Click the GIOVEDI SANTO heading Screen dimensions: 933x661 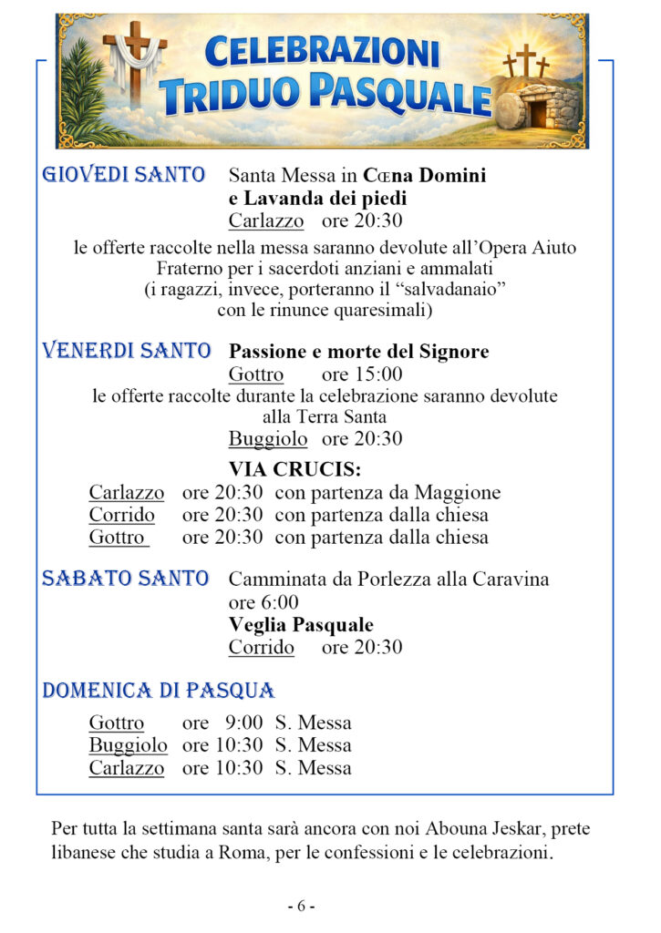click(x=123, y=174)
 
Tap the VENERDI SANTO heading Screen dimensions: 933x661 click(x=127, y=351)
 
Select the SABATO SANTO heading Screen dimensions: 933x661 click(x=125, y=579)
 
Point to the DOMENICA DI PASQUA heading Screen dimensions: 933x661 click(x=158, y=691)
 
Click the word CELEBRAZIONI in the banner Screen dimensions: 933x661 click(x=322, y=53)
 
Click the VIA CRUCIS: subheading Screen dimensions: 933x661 click(x=294, y=470)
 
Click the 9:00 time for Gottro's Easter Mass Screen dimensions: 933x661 click(x=243, y=723)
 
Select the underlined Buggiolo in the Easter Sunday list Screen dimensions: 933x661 click(x=128, y=745)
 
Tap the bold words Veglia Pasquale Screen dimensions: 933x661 click(x=301, y=625)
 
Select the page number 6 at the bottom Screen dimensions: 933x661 click(x=302, y=907)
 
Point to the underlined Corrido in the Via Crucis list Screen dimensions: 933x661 click(x=121, y=515)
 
